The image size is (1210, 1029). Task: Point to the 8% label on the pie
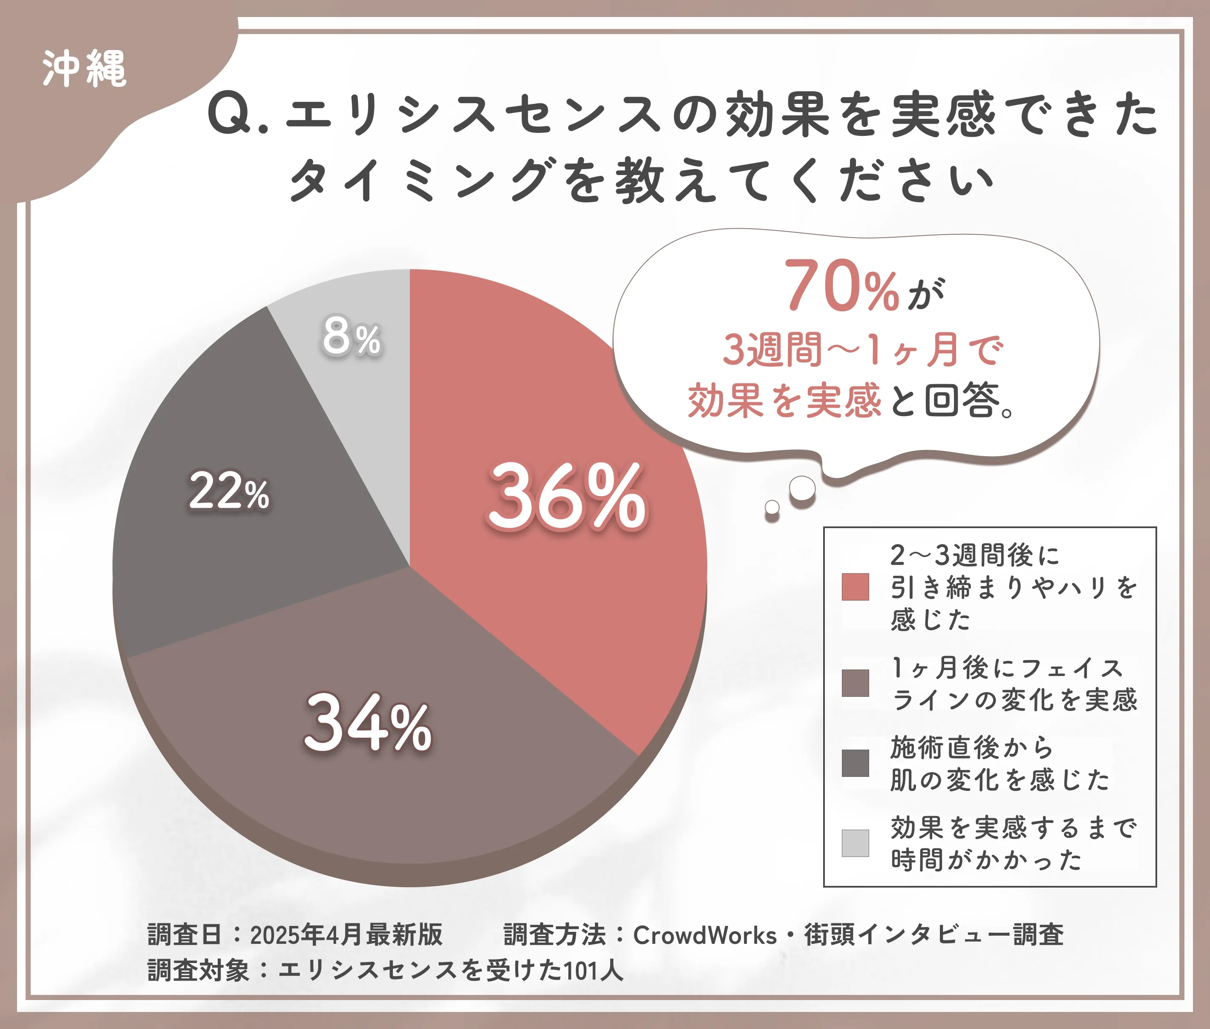[351, 336]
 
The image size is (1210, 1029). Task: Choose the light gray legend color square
[855, 843]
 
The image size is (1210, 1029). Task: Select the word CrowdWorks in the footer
[705, 935]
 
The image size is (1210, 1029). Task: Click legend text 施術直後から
[972, 748]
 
